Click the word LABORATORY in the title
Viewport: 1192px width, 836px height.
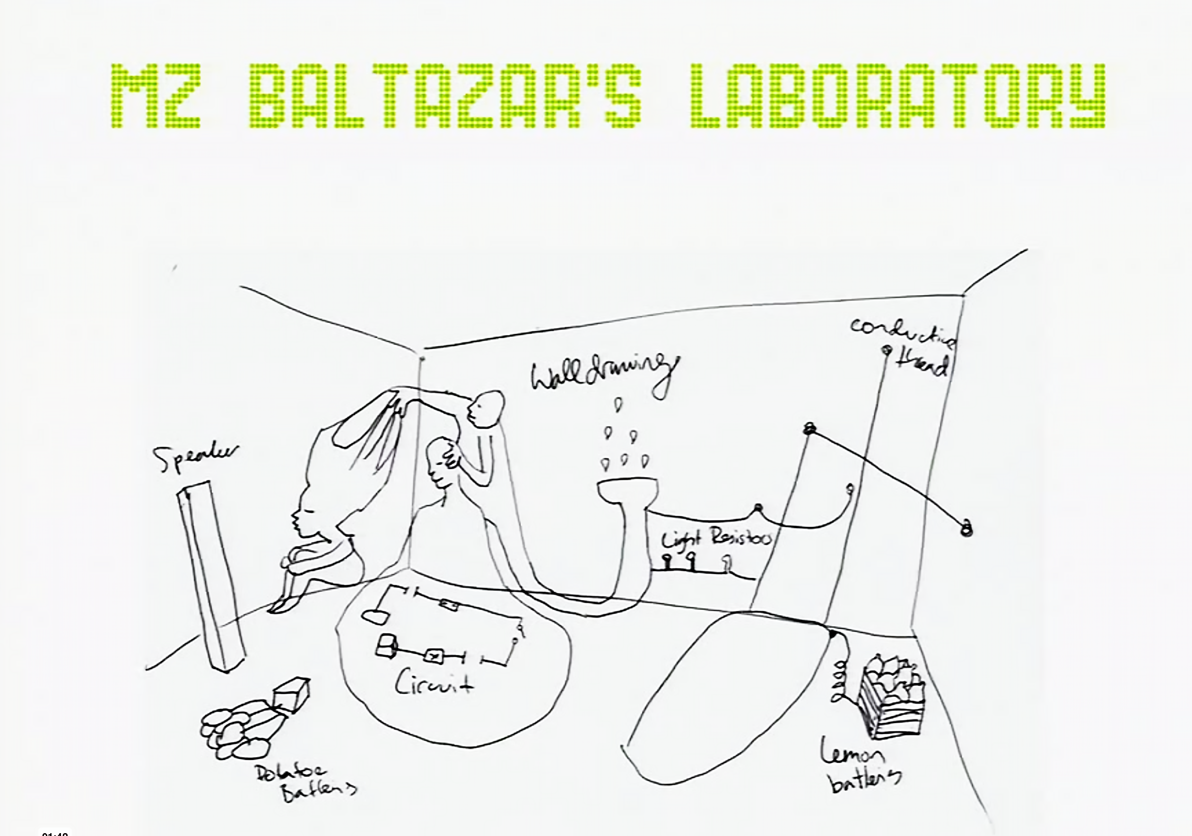897,96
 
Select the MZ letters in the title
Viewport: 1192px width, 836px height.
156,96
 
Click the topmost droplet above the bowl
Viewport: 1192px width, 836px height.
618,404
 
